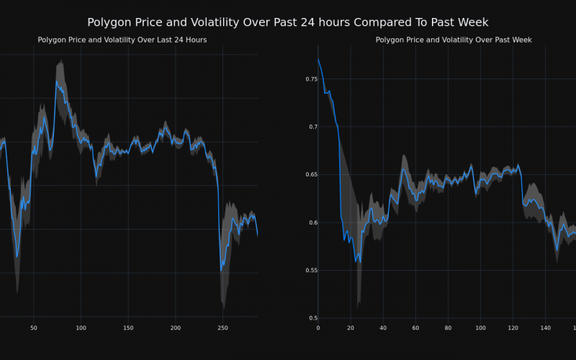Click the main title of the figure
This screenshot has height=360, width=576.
(288, 23)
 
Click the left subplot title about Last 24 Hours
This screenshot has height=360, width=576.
(122, 40)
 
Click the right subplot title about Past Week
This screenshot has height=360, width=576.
(454, 40)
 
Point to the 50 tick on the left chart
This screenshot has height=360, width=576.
(34, 328)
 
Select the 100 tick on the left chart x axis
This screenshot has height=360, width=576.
(81, 328)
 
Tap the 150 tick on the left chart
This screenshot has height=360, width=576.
(128, 328)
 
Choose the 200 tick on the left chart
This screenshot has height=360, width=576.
(176, 328)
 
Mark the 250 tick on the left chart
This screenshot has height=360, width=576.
(222, 328)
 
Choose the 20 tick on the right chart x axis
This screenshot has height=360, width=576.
(351, 328)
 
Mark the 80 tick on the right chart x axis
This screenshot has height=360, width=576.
(448, 328)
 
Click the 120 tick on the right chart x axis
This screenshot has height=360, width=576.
(513, 328)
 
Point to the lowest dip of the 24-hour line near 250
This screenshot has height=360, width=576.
(221, 271)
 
